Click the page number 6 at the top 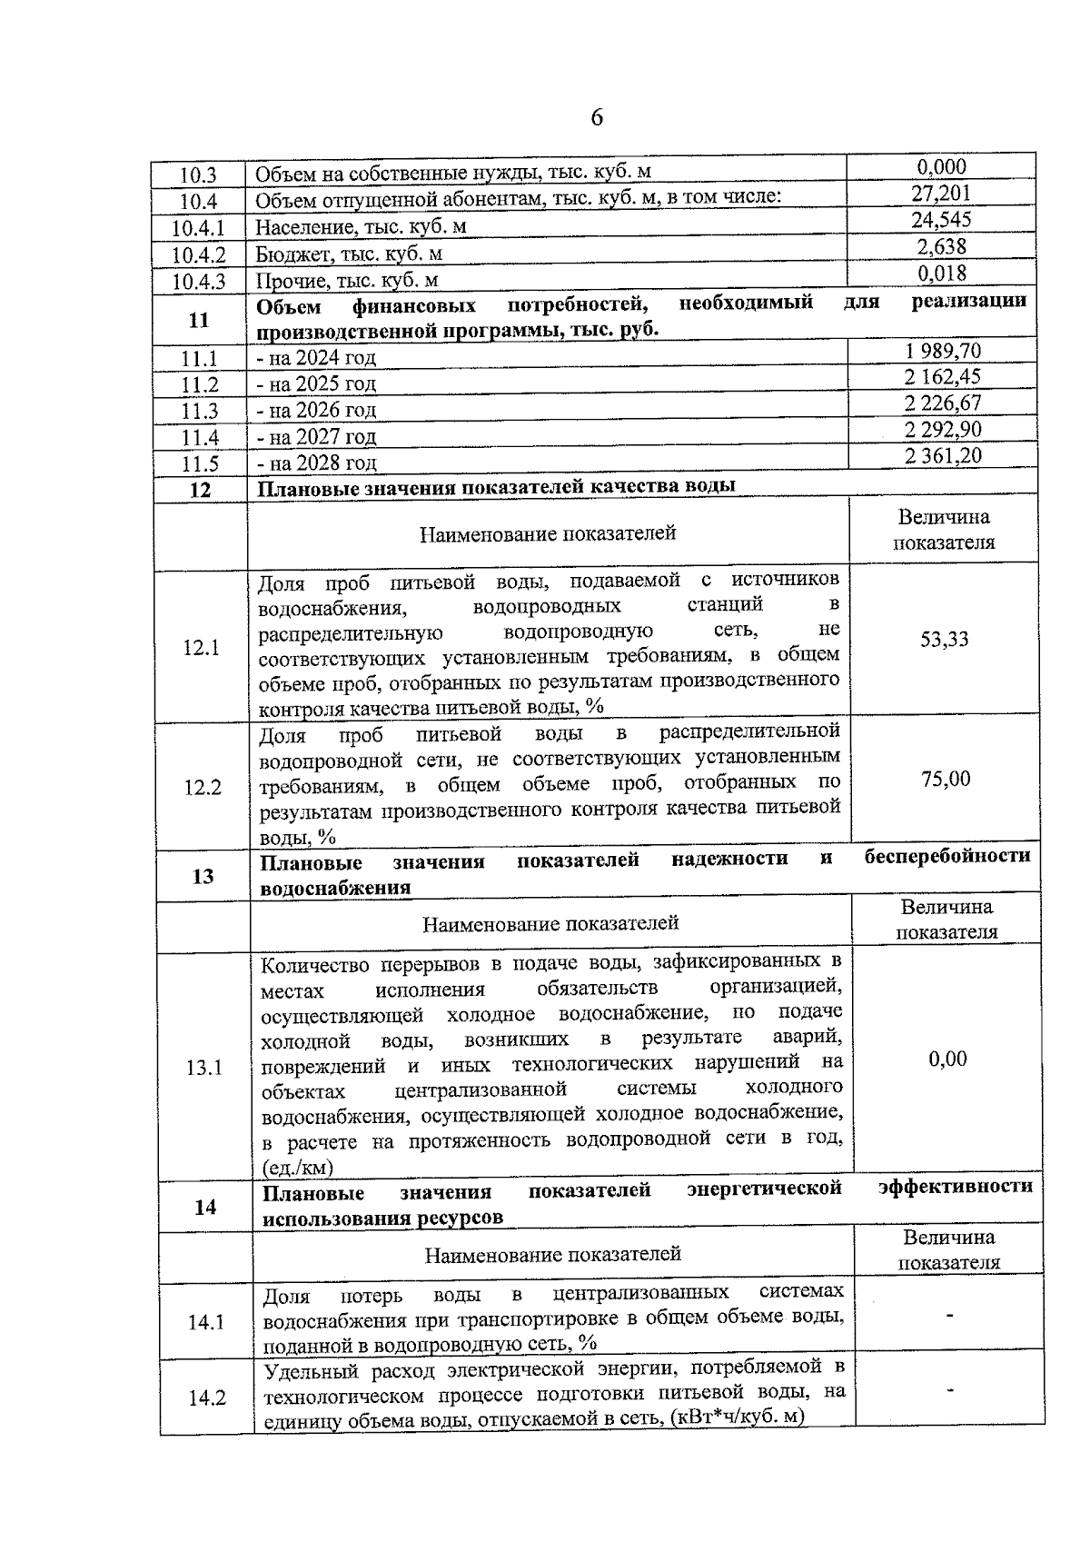coord(597,118)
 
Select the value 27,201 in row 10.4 coord(941,194)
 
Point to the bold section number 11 coord(199,320)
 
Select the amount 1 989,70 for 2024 coord(942,352)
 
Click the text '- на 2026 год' coord(316,411)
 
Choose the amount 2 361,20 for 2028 coord(942,456)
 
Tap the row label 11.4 coord(200,438)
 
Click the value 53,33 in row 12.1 coord(944,640)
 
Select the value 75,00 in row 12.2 coord(945,780)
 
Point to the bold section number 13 coord(203,877)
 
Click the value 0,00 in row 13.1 coord(947,1060)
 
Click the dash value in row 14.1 coord(949,1315)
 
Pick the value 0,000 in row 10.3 coord(941,167)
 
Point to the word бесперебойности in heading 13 coord(947,857)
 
